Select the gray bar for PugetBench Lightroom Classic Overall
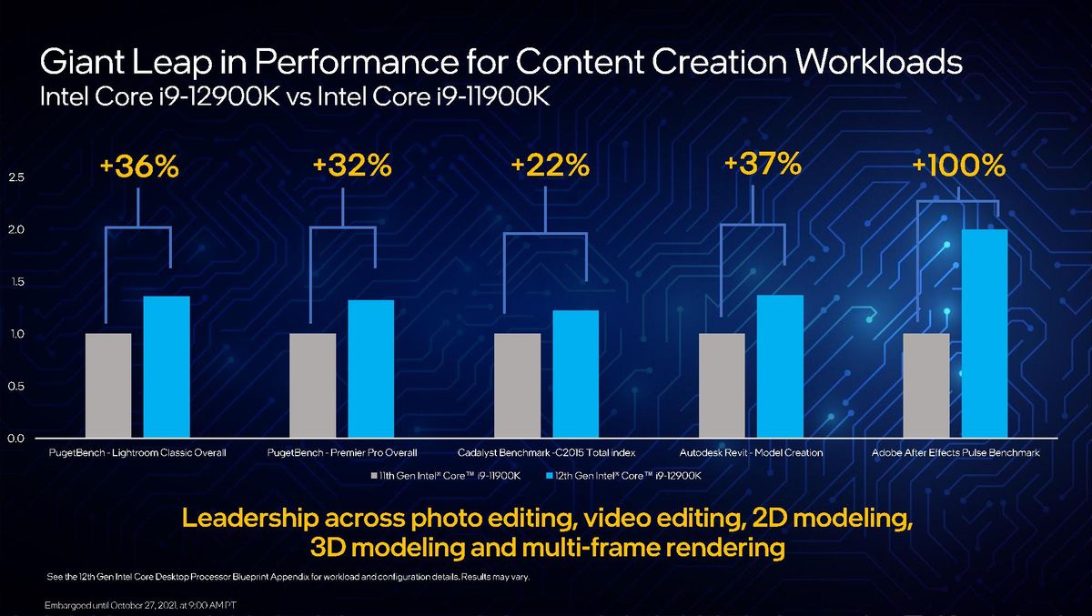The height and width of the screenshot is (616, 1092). tap(107, 386)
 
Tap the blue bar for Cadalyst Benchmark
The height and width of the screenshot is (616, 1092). tap(575, 374)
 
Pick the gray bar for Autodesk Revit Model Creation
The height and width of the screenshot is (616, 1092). tap(722, 386)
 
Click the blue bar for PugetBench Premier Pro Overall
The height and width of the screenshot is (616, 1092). tap(370, 369)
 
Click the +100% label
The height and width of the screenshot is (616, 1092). tap(958, 167)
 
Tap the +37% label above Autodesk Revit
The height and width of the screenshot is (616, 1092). tap(763, 165)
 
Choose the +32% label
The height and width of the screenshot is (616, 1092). tap(351, 166)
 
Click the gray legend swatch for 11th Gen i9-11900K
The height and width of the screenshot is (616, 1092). tap(374, 476)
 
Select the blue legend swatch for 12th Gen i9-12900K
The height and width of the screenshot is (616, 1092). tap(549, 476)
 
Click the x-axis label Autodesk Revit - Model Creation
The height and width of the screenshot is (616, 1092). tap(751, 452)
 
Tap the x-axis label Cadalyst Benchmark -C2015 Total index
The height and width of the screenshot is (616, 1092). tap(546, 452)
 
